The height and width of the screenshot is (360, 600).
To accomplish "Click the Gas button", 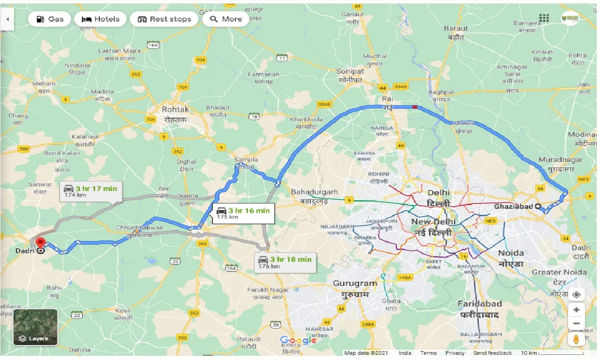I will click(49, 19).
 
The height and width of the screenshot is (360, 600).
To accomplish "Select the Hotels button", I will click(101, 19).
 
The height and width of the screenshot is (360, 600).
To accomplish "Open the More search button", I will click(226, 19).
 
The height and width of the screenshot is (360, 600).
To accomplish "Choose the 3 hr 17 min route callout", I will click(91, 191).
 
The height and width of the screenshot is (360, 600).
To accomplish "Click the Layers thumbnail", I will click(35, 327).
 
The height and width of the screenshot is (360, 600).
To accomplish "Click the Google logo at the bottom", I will click(298, 340).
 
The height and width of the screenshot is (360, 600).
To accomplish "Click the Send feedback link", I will click(492, 353).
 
